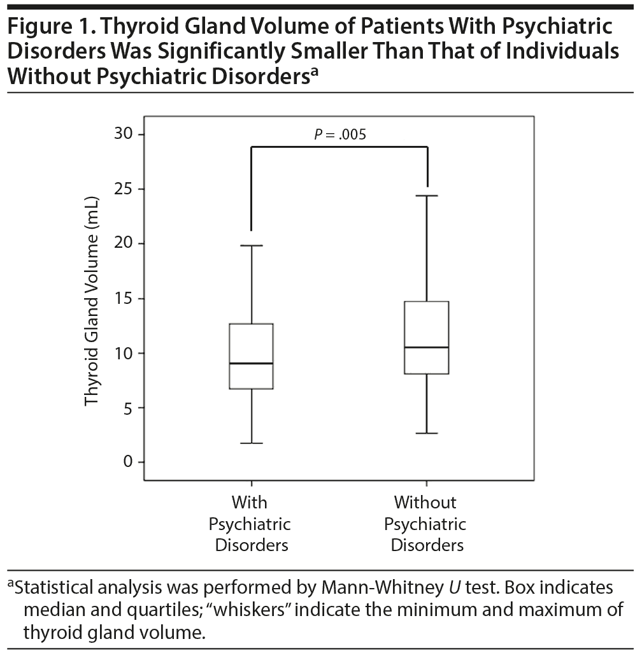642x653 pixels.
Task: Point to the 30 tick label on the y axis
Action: click(125, 134)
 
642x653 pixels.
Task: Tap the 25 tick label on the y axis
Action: click(125, 189)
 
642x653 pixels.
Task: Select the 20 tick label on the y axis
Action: click(125, 244)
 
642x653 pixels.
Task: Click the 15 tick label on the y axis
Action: click(125, 299)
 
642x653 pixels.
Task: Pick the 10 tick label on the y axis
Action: click(125, 354)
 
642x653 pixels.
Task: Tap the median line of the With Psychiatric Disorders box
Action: click(252, 363)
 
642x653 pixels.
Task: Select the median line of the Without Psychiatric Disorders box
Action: click(427, 347)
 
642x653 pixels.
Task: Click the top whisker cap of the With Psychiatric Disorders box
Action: click(252, 245)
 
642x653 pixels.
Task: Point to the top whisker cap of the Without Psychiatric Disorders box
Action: click(427, 196)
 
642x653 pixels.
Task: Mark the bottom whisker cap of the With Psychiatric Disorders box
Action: click(252, 443)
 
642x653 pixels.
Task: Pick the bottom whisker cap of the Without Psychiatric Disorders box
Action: click(427, 433)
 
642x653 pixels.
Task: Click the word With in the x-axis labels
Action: click(250, 503)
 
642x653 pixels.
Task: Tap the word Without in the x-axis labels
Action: click(425, 503)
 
